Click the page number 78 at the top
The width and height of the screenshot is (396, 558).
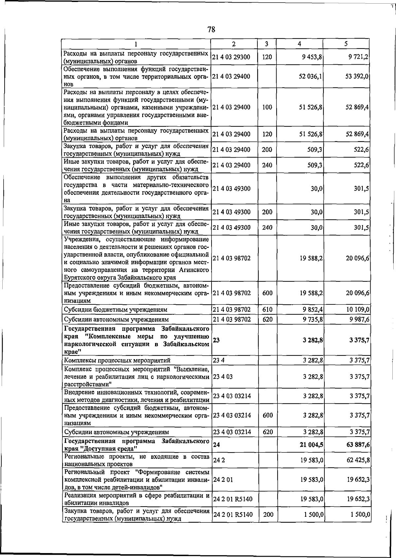(x=211, y=30)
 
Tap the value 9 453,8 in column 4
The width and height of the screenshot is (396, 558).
(x=311, y=57)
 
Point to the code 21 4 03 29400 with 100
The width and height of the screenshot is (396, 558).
(x=231, y=107)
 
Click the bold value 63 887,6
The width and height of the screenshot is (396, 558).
(x=358, y=445)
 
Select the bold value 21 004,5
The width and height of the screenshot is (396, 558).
(x=311, y=445)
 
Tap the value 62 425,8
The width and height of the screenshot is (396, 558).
(x=358, y=460)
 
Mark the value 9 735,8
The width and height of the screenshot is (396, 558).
(x=311, y=319)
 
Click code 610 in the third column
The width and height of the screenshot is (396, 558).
(x=267, y=310)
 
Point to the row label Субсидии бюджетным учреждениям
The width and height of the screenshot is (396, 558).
(x=115, y=310)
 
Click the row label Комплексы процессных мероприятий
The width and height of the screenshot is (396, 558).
(x=117, y=360)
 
